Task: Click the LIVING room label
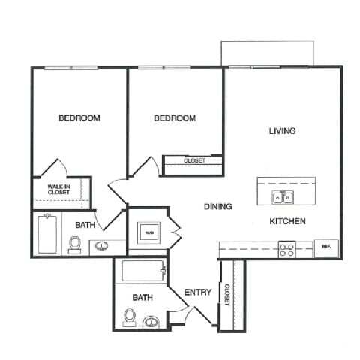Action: click(283, 131)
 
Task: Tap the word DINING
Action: click(217, 207)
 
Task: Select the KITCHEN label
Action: click(286, 221)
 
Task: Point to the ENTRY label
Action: click(198, 292)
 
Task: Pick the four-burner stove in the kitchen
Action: click(286, 249)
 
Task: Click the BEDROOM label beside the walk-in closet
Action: click(79, 118)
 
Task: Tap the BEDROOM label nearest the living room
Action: click(175, 118)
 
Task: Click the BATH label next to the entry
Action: click(142, 298)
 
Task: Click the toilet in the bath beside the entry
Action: click(128, 320)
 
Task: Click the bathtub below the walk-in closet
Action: click(46, 234)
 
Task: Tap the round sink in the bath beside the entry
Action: click(151, 322)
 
